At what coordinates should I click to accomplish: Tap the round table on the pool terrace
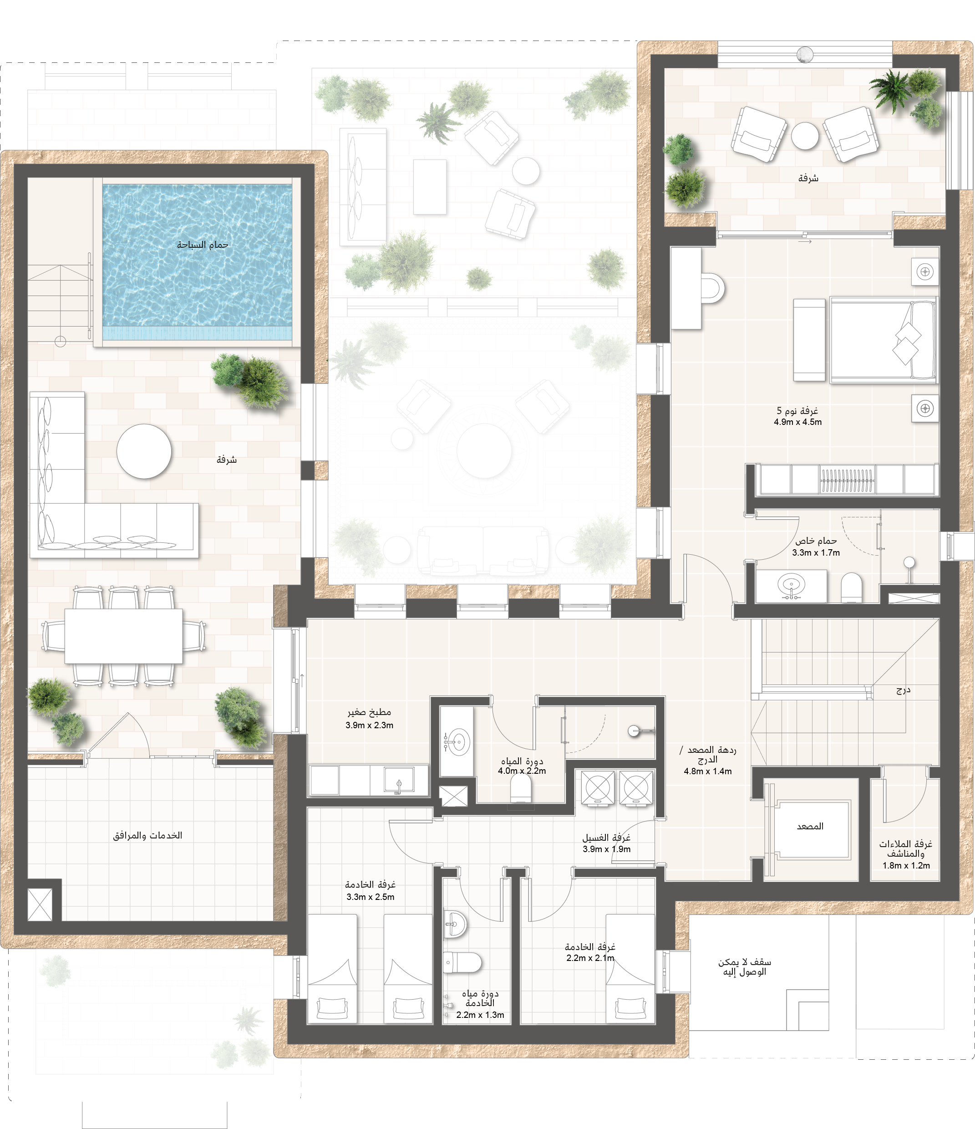144,451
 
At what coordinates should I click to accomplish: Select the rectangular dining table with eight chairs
124,636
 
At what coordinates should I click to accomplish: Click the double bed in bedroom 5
883,340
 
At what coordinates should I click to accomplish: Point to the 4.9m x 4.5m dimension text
797,422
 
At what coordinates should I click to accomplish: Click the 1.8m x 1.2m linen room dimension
906,865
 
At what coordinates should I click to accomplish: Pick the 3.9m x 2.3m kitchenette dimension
369,725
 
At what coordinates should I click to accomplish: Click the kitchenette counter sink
399,780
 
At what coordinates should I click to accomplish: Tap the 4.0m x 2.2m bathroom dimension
522,771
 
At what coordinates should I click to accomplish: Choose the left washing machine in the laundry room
598,787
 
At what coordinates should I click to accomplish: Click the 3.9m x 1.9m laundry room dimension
607,849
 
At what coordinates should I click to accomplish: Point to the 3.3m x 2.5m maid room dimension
371,897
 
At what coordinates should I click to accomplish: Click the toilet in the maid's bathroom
462,962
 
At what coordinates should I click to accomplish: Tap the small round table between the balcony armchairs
804,136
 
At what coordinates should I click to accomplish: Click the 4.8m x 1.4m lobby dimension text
707,771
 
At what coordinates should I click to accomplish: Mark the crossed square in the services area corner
40,904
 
